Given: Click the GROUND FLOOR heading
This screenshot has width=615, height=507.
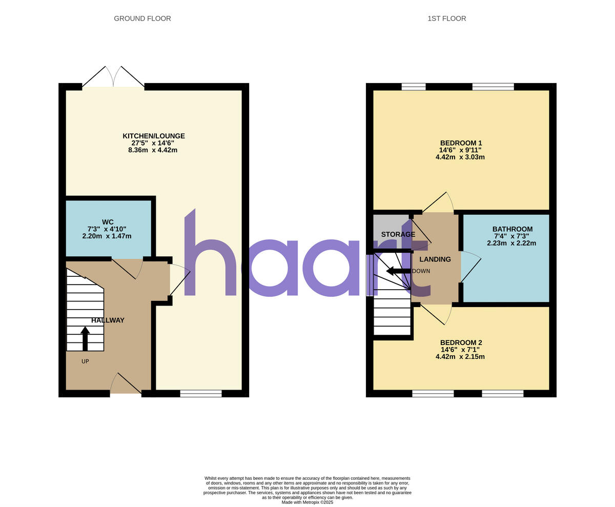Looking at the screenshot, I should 142,18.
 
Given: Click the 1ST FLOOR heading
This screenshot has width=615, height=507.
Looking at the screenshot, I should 446,18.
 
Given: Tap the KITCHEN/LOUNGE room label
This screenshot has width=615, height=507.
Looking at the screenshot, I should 153,136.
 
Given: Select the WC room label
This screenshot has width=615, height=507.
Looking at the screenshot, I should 108,222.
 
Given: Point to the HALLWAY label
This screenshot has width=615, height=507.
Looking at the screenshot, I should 108,320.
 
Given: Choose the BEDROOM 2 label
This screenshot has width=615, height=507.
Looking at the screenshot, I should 461,342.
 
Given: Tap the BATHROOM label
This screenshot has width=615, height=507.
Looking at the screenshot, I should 512,229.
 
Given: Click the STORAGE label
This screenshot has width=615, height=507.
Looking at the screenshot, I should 398,234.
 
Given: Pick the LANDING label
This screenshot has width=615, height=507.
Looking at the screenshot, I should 435,259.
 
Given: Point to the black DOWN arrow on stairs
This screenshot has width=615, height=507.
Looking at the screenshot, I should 398,271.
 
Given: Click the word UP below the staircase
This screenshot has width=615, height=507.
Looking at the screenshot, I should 85,361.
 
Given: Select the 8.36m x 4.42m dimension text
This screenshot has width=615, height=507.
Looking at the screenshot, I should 153,150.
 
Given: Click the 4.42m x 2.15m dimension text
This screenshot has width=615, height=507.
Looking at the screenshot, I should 460,357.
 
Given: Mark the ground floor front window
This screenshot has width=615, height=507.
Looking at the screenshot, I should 201,394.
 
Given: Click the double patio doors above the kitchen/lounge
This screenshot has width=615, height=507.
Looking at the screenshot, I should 113,78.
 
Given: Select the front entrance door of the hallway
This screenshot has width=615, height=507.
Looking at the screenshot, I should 125,384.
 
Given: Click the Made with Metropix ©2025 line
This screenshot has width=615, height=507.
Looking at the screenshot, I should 307,502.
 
